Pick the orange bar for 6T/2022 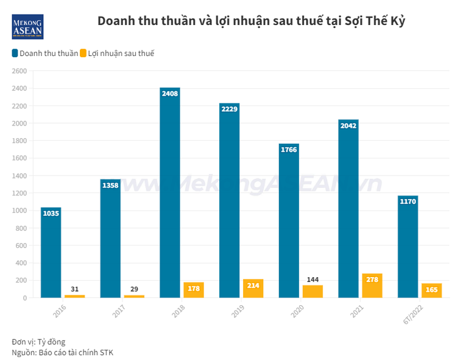(x=431, y=291)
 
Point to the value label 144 (x=312, y=280)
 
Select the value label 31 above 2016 (x=74, y=289)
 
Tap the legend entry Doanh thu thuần (x=44, y=54)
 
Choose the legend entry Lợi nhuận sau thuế (x=117, y=54)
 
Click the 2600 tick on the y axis (x=19, y=71)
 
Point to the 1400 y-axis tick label (x=19, y=176)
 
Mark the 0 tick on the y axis (x=25, y=298)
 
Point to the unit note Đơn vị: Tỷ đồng (x=38, y=341)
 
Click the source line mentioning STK (x=62, y=352)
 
